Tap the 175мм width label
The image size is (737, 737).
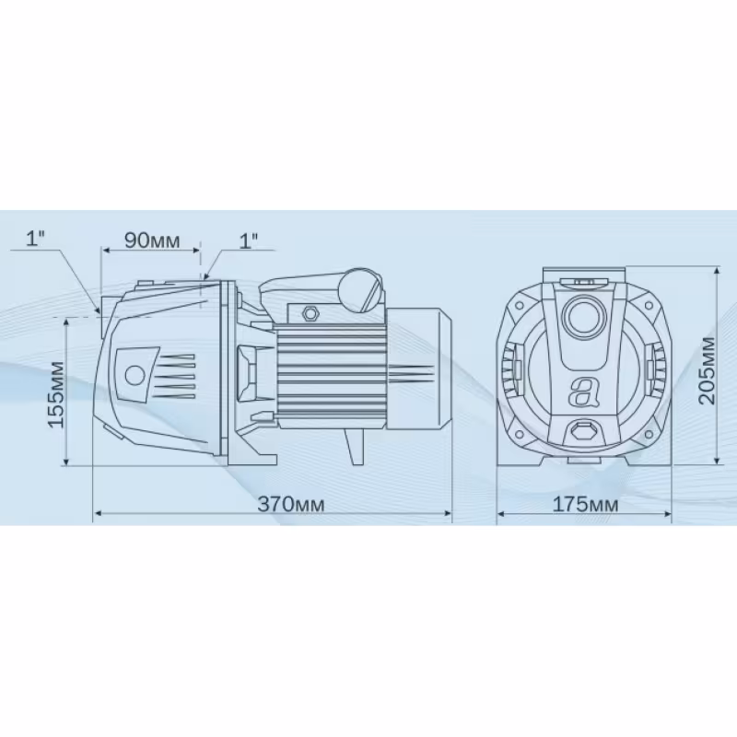click(585, 504)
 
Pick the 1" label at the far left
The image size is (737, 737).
click(36, 239)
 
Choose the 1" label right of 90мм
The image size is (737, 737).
click(249, 240)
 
